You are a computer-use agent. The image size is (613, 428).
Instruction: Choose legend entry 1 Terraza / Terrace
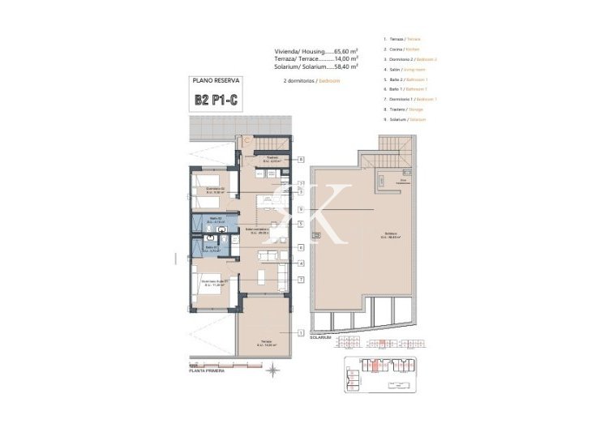click(403, 39)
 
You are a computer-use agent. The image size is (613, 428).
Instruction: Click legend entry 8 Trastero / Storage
click(405, 109)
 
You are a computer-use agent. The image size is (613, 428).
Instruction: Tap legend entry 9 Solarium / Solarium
click(406, 119)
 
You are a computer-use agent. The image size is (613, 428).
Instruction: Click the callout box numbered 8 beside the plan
click(300, 160)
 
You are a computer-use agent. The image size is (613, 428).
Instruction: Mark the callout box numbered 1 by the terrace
click(300, 333)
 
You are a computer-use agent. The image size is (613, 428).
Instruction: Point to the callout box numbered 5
click(300, 225)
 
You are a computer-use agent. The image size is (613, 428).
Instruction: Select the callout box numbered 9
click(300, 210)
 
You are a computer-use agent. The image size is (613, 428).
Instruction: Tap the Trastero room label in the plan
click(275, 160)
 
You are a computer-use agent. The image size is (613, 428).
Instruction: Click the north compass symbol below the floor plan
click(273, 370)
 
